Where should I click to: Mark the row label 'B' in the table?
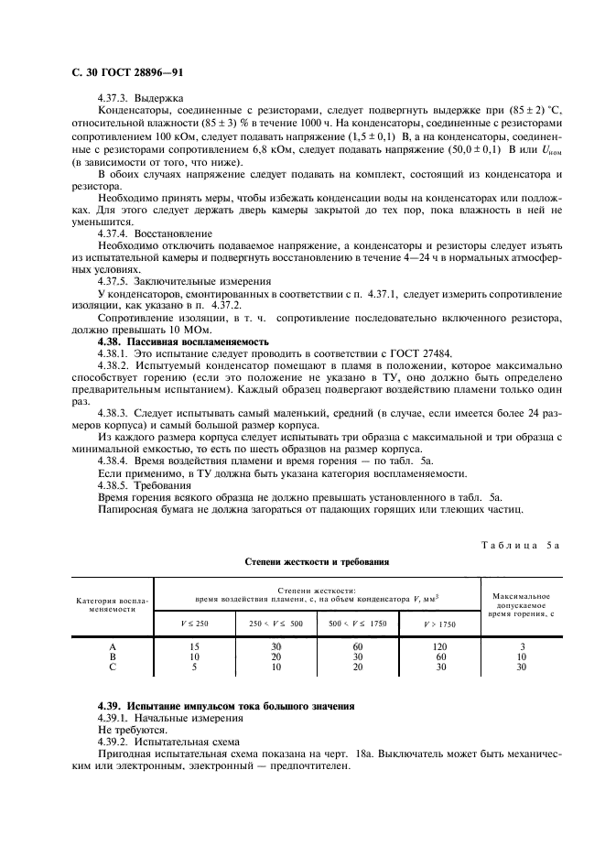(x=112, y=656)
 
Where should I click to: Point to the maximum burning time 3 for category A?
(x=522, y=646)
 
